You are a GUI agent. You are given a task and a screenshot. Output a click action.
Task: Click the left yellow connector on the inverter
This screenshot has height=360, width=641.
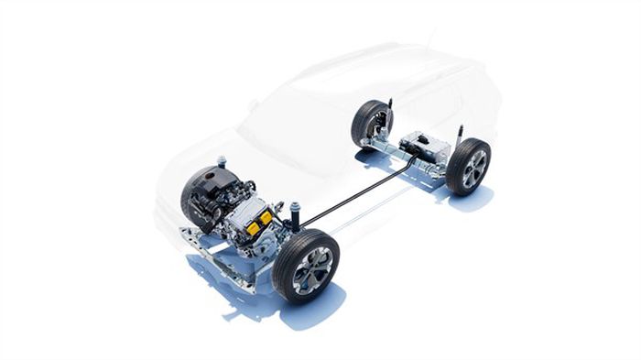(x=253, y=227)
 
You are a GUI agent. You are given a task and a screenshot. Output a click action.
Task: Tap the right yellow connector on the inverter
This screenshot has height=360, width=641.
(x=266, y=219)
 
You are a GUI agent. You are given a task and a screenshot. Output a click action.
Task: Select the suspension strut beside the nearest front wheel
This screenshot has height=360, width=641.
(x=295, y=217)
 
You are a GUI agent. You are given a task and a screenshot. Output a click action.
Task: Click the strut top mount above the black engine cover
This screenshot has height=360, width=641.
(x=221, y=162)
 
